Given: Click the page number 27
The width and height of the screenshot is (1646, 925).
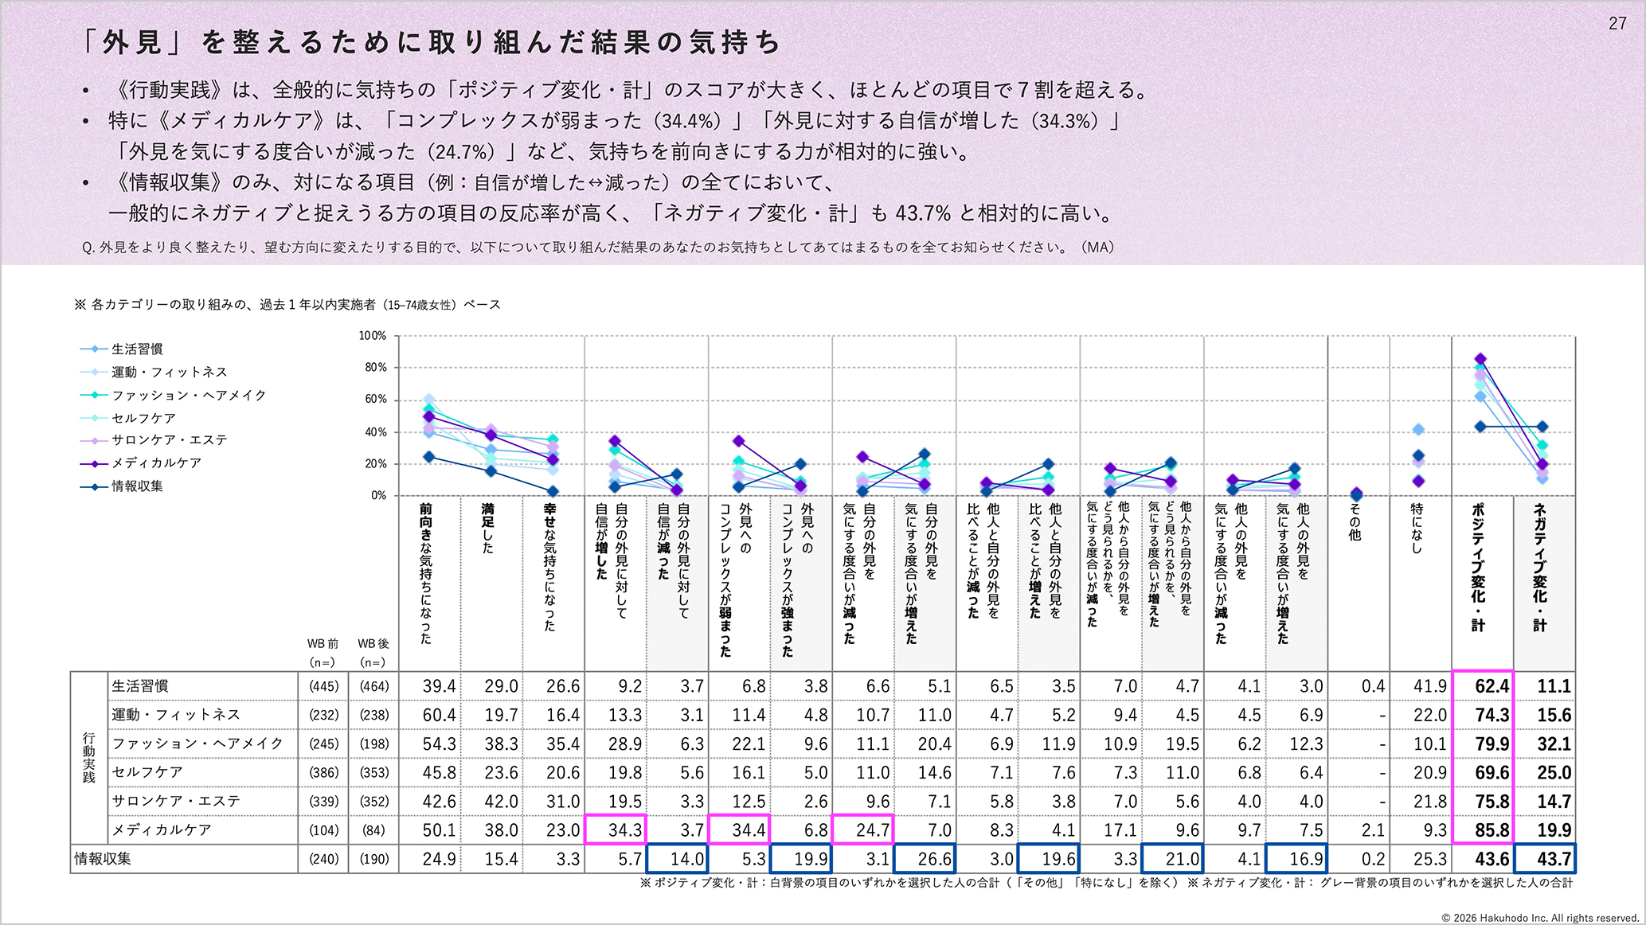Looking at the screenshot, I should (1617, 24).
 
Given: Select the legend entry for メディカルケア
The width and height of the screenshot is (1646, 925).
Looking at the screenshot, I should (156, 463).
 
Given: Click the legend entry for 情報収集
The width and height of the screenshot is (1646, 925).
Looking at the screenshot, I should (137, 486).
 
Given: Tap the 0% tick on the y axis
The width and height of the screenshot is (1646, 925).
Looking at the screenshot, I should (378, 495).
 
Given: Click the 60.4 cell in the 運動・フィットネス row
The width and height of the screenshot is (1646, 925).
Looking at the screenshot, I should (439, 716).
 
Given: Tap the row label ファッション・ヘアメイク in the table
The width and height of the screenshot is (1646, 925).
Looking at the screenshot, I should (197, 744).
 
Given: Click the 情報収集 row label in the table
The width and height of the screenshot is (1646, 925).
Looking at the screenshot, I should (104, 859).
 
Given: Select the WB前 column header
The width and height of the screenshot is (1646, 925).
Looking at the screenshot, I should (323, 643).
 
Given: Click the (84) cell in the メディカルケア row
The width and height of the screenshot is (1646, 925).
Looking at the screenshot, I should (373, 830).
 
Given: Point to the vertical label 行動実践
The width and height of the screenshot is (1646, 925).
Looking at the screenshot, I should (88, 758).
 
